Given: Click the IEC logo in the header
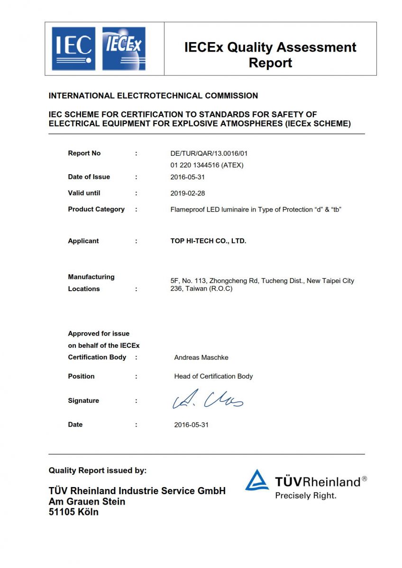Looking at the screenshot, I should tap(73, 49).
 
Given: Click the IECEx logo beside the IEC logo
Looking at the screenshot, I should tap(124, 49).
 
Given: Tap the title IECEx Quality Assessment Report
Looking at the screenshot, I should tap(270, 55).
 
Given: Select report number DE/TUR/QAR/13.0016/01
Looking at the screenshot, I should tap(209, 153).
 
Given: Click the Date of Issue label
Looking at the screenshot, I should tap(89, 177).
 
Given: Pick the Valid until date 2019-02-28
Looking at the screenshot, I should tap(188, 194).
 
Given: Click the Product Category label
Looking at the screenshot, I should tap(96, 209).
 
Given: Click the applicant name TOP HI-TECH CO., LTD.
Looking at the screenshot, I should tap(208, 241).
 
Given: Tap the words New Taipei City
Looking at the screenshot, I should tap(330, 281).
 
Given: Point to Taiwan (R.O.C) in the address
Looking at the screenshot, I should tap(209, 288).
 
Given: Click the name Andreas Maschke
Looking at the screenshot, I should tap(201, 357).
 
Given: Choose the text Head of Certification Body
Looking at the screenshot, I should tap(213, 376).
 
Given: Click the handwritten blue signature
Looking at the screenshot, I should tap(208, 400).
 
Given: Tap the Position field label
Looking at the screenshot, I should tap(81, 376).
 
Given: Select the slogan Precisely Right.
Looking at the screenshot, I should tap(306, 496).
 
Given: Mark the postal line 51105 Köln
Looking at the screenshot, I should tap(73, 512).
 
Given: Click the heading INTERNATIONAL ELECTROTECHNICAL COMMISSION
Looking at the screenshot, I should tap(153, 96).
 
